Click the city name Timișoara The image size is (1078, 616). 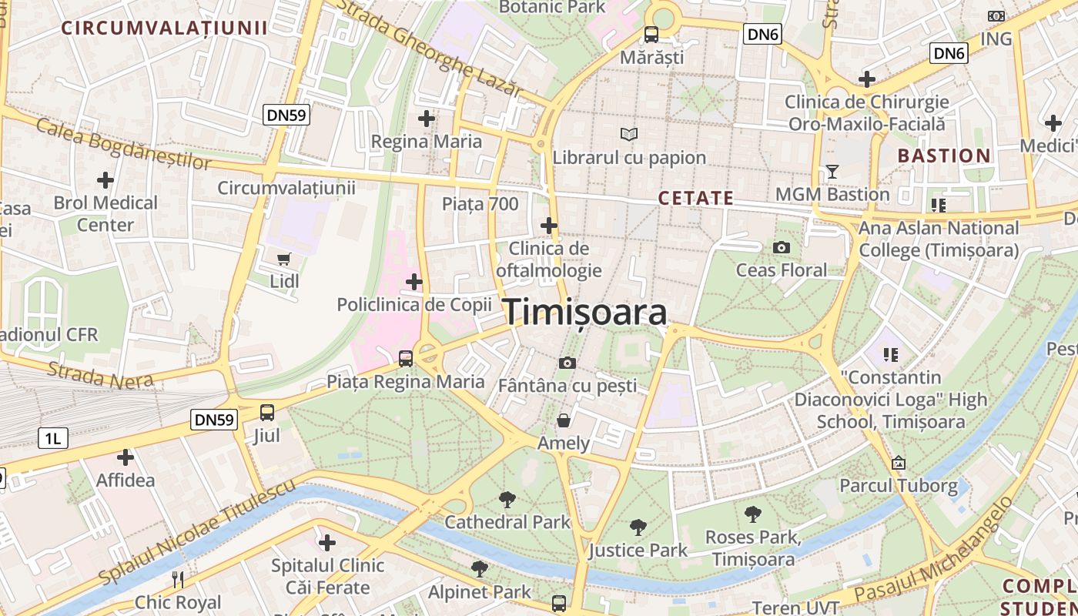click(585, 313)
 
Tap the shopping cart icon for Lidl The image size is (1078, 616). click(284, 259)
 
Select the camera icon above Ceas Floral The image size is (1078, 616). click(782, 247)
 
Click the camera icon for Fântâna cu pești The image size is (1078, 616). click(567, 363)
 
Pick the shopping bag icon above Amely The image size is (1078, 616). click(564, 420)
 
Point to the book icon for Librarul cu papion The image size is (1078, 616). click(629, 135)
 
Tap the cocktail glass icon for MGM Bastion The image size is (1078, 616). click(832, 171)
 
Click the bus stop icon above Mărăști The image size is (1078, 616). click(651, 35)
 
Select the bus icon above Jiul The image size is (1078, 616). click(267, 413)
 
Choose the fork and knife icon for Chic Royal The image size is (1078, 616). click(178, 579)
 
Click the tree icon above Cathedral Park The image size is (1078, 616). click(507, 499)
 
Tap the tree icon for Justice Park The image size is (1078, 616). click(638, 527)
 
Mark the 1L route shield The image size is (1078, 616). click(53, 439)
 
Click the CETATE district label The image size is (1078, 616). click(695, 199)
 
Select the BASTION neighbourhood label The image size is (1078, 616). click(944, 156)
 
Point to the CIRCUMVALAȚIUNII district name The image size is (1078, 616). click(164, 28)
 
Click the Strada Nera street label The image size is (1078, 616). click(100, 373)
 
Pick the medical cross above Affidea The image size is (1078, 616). click(125, 458)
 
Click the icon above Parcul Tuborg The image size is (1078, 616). click(898, 463)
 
